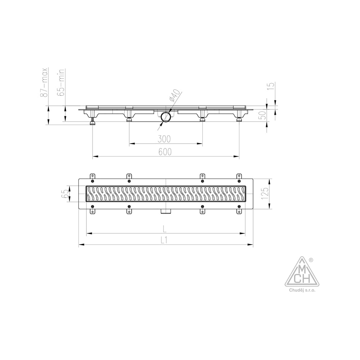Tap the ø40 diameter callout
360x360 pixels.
click(175, 95)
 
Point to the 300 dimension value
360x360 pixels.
click(164, 139)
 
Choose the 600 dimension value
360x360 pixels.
click(165, 152)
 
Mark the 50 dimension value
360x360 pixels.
click(263, 114)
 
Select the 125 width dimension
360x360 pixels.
click(265, 193)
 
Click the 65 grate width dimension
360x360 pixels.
click(64, 194)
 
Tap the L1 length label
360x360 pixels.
click(164, 240)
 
